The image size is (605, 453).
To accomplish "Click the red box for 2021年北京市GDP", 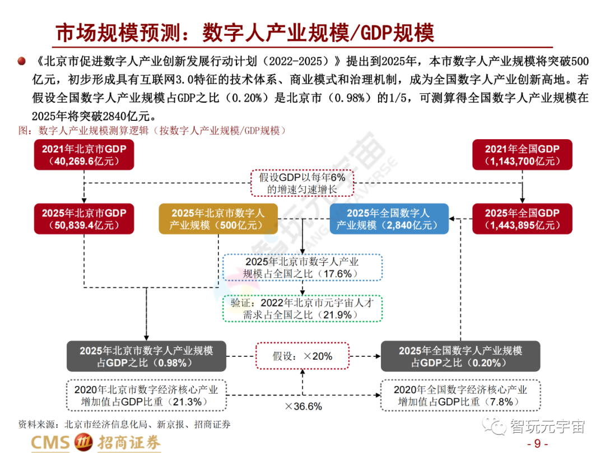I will [x=84, y=155].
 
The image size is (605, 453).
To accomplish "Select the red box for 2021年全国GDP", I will [x=522, y=155].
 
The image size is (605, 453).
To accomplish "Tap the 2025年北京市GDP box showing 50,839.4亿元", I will [x=84, y=219].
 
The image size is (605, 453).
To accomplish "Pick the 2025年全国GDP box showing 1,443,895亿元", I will [x=522, y=219].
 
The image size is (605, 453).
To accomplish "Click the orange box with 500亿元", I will [x=218, y=219].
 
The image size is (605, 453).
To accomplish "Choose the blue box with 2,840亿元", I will [x=389, y=219].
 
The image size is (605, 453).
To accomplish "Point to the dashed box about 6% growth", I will [x=302, y=183].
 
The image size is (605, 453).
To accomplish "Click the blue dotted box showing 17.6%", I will [x=302, y=267].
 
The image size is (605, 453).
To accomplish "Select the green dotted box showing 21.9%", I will [x=302, y=308].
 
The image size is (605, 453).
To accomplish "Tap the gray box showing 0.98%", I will [x=146, y=356].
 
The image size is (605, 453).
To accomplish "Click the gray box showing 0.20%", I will [x=460, y=356].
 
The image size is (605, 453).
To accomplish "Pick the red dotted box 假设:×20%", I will [x=302, y=356].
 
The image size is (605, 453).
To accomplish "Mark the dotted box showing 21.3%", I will [x=146, y=395].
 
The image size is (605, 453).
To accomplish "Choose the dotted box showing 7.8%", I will [x=460, y=395].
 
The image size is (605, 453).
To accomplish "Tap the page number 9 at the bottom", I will [x=537, y=443].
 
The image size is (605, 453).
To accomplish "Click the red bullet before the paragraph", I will [x=22, y=60].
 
